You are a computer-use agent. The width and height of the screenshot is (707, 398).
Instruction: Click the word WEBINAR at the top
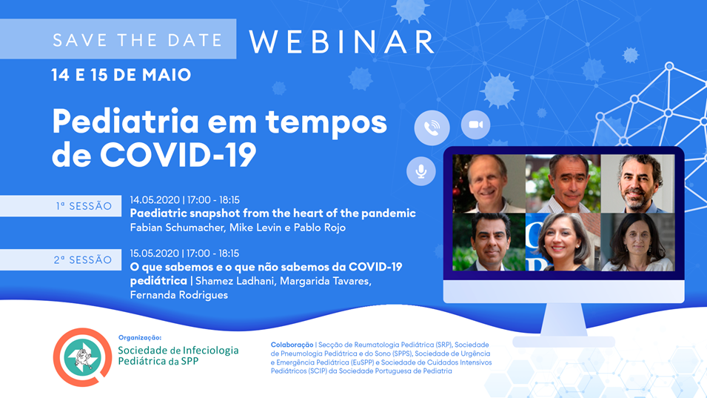(341, 42)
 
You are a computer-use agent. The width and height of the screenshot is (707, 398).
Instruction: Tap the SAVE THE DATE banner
(118, 39)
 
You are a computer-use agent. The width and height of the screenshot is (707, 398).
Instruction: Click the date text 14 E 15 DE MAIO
(121, 75)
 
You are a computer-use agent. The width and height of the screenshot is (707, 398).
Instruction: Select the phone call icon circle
(432, 127)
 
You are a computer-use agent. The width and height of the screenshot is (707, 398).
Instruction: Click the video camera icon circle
(476, 125)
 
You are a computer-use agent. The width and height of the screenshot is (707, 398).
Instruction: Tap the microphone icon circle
(421, 171)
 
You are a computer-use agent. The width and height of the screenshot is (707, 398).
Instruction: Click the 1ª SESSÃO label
(61, 206)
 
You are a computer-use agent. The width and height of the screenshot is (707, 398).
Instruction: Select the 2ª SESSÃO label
(61, 259)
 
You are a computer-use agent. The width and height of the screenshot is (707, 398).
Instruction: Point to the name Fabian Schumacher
(178, 228)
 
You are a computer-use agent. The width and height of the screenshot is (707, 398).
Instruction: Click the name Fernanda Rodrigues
(179, 295)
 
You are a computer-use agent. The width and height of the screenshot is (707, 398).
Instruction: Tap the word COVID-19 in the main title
(178, 155)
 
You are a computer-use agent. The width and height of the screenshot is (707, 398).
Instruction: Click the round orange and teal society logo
(82, 357)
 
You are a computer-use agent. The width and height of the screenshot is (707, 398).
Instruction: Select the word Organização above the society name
(140, 337)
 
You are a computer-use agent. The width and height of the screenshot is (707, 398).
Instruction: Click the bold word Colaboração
(292, 345)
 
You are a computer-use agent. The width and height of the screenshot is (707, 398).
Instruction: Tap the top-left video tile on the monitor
(489, 184)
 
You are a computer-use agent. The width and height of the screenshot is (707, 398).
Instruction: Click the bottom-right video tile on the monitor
(637, 242)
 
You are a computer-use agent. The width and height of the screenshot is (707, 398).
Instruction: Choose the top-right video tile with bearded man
(637, 184)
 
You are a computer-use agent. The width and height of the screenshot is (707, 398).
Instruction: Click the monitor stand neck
(563, 319)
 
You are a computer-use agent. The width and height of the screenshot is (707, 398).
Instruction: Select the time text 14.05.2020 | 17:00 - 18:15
(185, 200)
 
